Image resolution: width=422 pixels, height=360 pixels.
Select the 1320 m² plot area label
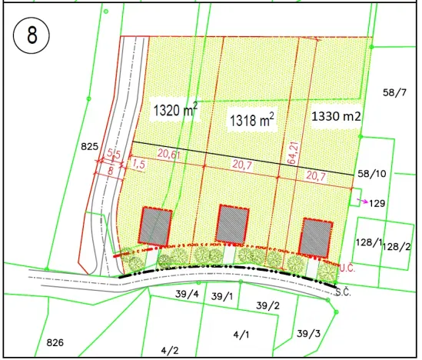175,111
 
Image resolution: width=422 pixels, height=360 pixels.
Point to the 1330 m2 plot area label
337,117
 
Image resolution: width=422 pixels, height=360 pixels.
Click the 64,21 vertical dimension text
292,146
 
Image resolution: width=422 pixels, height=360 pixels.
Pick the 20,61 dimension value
170,154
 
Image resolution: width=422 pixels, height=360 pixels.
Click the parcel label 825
90,145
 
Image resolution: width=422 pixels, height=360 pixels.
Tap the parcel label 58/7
394,92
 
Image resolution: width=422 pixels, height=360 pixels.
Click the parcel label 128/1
368,242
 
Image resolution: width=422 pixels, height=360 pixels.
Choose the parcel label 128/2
397,247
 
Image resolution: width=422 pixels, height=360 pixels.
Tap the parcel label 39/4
187,294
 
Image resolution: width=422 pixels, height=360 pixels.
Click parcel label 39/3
308,333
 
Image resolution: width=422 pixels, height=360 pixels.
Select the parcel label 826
55,342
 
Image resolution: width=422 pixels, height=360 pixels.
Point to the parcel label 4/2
170,350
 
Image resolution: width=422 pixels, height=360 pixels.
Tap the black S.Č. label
343,292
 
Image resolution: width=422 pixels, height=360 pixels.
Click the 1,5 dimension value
138,164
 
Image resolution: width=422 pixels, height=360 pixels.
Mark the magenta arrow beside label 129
362,201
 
